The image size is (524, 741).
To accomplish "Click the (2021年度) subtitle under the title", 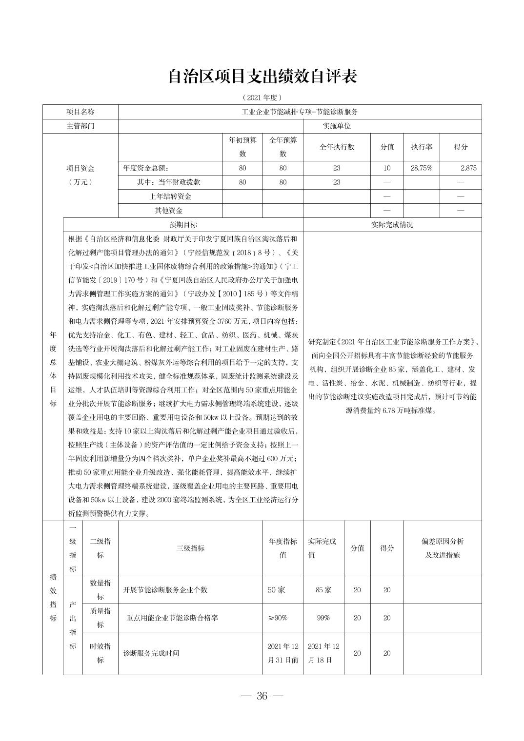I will coord(262,97).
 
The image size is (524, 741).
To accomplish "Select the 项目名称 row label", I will coord(81,112).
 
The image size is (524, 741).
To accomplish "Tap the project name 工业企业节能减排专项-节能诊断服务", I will coord(300,112).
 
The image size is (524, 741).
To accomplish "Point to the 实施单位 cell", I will coord(337,126).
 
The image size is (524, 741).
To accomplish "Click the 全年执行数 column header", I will coord(337,147).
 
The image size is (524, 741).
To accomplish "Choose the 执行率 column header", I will coord(422,147).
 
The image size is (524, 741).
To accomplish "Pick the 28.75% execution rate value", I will coord(422,168).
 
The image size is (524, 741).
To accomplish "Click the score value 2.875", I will coord(468,168).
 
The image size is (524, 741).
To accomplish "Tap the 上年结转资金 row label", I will coord(170,196).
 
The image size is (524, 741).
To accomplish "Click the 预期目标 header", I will coord(183,225).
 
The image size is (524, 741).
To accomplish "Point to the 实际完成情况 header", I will coord(392,225).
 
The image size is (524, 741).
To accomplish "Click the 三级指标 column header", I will coord(190,548).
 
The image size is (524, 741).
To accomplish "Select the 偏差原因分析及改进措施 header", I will coord(443,548).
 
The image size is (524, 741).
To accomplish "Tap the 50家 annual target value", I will coord(276,590).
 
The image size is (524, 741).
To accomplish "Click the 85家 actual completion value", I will coord(323,590).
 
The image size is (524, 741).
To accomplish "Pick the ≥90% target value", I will coord(278,618).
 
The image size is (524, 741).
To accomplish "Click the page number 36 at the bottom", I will coord(262,696).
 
